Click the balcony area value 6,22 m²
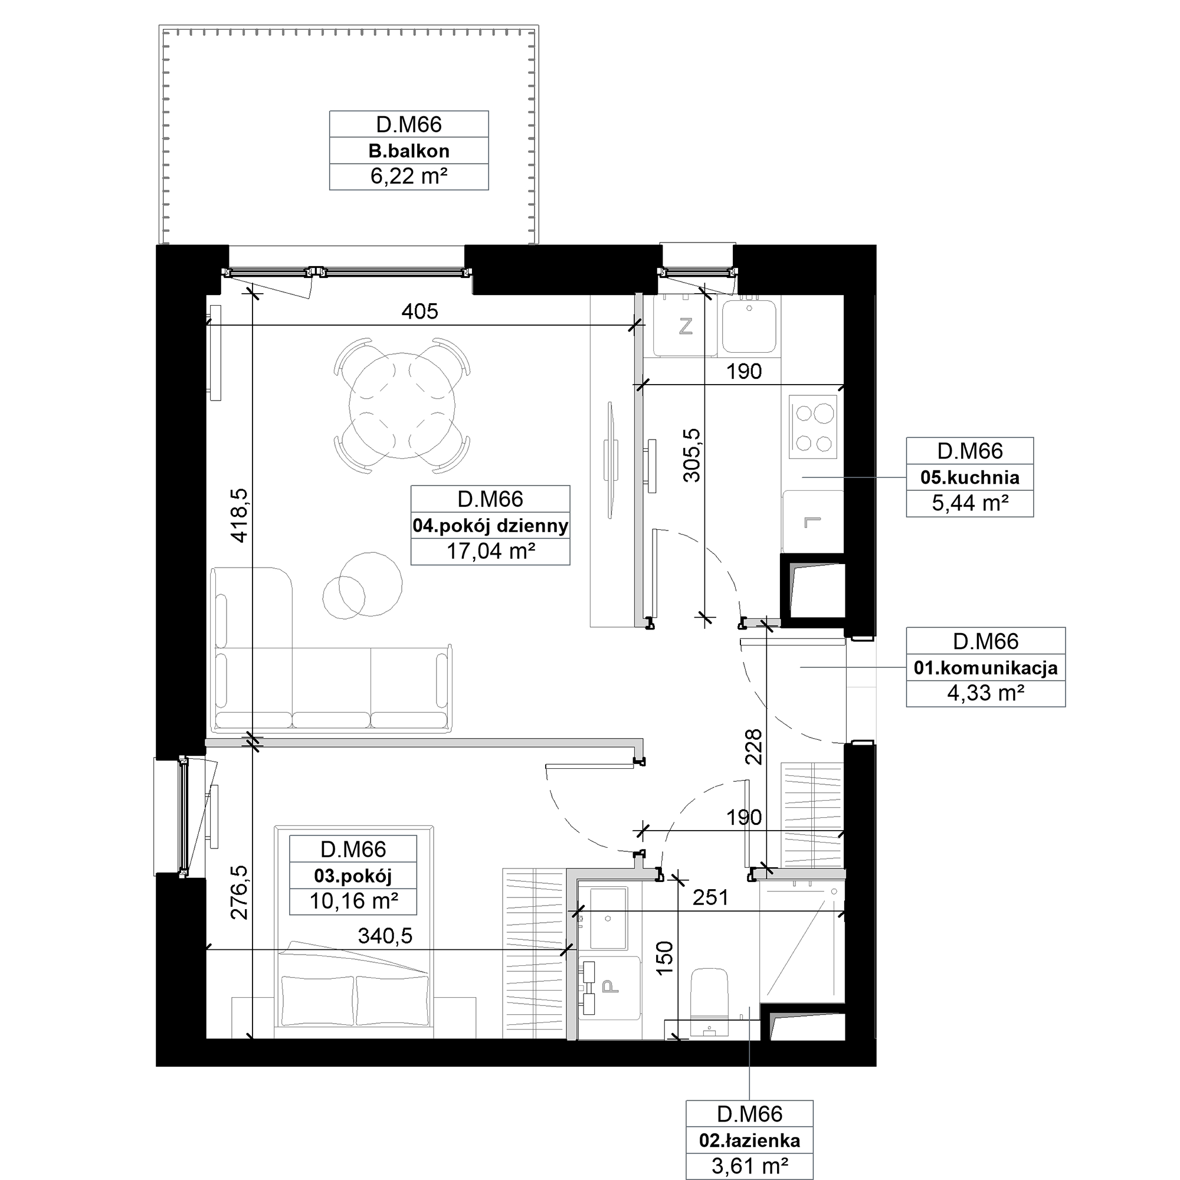(409, 176)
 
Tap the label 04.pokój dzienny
(490, 525)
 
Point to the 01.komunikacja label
(986, 667)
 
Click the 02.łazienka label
(749, 1140)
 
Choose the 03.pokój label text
(353, 876)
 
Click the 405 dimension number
(419, 312)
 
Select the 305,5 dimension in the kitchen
(692, 455)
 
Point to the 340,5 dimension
(385, 935)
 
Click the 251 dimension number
(711, 897)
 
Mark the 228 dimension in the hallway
(753, 746)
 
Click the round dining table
(402, 405)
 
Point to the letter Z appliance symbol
(685, 327)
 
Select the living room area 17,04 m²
(490, 552)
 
